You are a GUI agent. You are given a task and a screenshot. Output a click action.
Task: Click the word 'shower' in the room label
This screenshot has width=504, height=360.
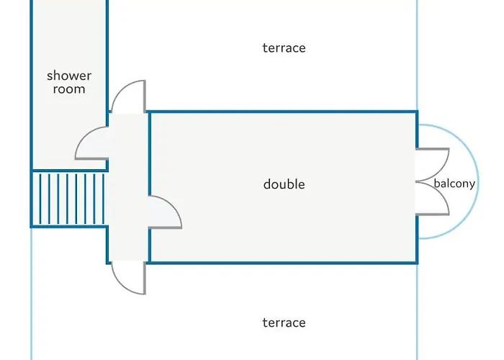coord(69,76)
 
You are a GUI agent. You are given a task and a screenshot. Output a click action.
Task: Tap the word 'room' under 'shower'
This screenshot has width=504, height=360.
coord(69,89)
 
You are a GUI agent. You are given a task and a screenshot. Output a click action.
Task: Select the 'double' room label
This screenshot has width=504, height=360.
coord(284,184)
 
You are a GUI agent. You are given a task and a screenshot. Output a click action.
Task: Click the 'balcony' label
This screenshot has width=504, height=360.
coord(454,184)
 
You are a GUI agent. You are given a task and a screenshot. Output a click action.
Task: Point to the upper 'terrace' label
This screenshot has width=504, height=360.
coord(284,48)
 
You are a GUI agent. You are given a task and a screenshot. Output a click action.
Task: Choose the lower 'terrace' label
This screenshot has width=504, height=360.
coord(284,323)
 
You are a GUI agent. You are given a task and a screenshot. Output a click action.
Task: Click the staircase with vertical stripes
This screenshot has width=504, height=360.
coord(69,199)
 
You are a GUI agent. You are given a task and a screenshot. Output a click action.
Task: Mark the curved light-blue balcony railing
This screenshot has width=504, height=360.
coord(479,181)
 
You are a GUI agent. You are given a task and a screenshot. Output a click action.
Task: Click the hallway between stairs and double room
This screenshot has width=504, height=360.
coord(129,187)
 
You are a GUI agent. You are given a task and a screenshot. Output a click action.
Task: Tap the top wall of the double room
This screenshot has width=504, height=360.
coord(283,112)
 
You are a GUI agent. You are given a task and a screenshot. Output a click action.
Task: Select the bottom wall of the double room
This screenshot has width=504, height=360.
coord(283,263)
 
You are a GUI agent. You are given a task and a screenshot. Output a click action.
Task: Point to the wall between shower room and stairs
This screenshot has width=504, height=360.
coord(69,171)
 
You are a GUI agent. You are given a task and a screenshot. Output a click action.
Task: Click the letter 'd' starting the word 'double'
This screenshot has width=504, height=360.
coord(267,184)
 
